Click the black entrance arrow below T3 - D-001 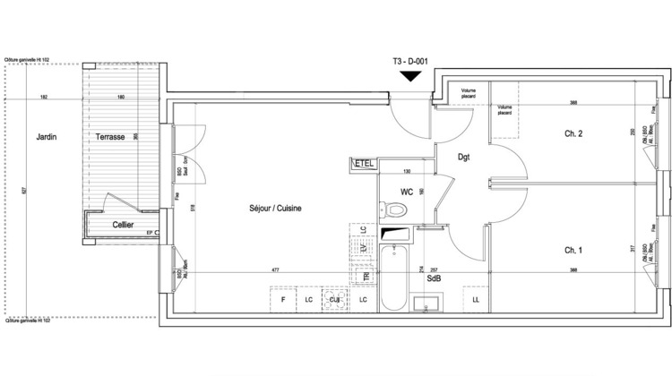click(410, 76)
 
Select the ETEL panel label click(364, 163)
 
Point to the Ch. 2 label click(574, 134)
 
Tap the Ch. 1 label click(574, 249)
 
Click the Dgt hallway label click(464, 158)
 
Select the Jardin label click(47, 137)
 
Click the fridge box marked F click(283, 298)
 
